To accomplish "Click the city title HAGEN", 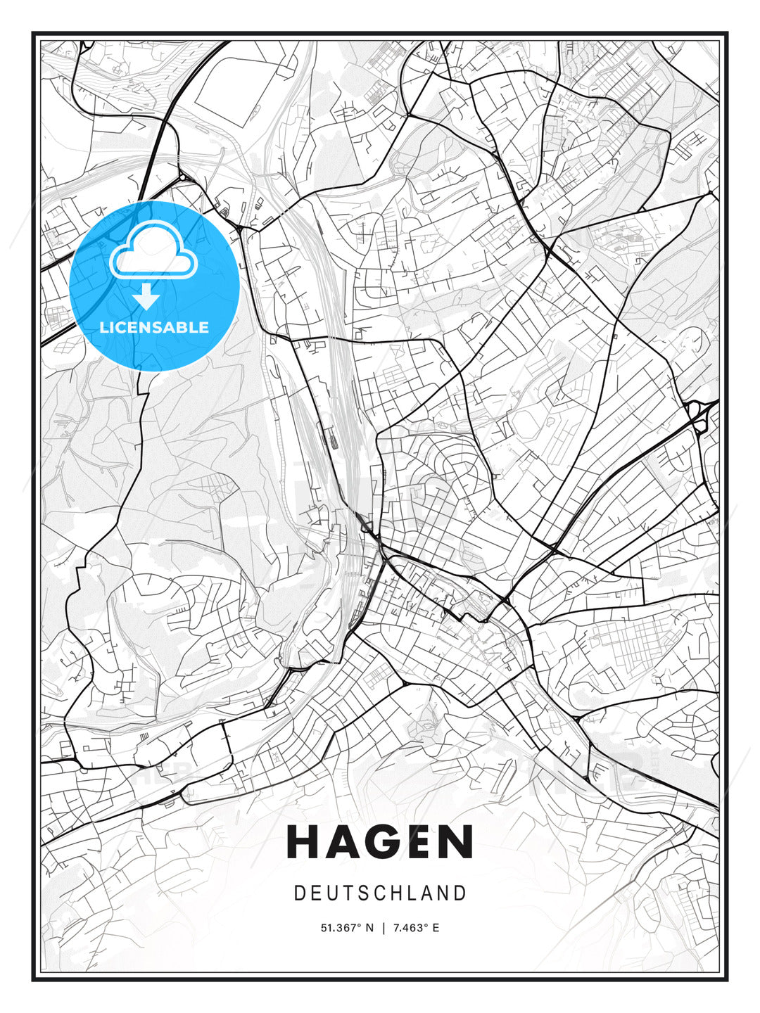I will click(x=380, y=842).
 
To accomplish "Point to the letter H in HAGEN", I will click(x=303, y=842).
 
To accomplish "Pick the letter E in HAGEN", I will click(x=418, y=842).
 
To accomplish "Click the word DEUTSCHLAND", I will click(x=380, y=893).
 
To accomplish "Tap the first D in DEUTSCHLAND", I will click(x=300, y=893).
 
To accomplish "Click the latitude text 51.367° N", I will click(x=348, y=928).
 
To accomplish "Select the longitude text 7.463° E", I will click(x=415, y=928).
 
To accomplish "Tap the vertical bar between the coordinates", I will click(x=384, y=928).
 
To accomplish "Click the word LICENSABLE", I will click(x=154, y=327).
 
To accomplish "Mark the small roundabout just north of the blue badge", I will click(x=182, y=177).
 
